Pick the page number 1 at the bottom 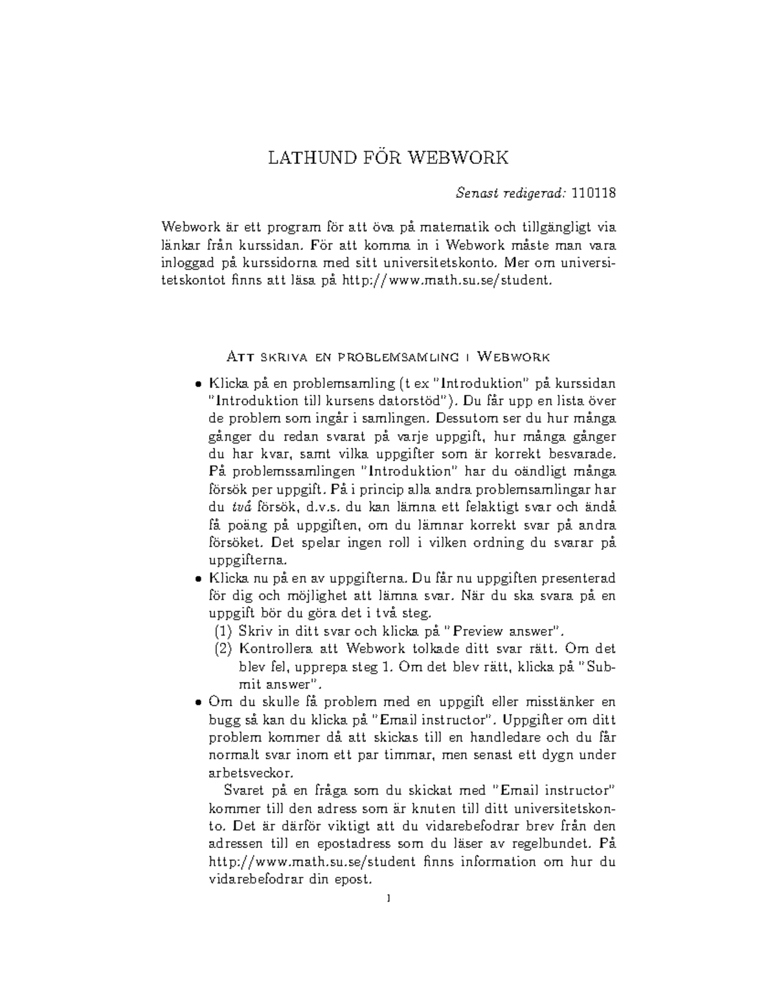click(388, 898)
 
